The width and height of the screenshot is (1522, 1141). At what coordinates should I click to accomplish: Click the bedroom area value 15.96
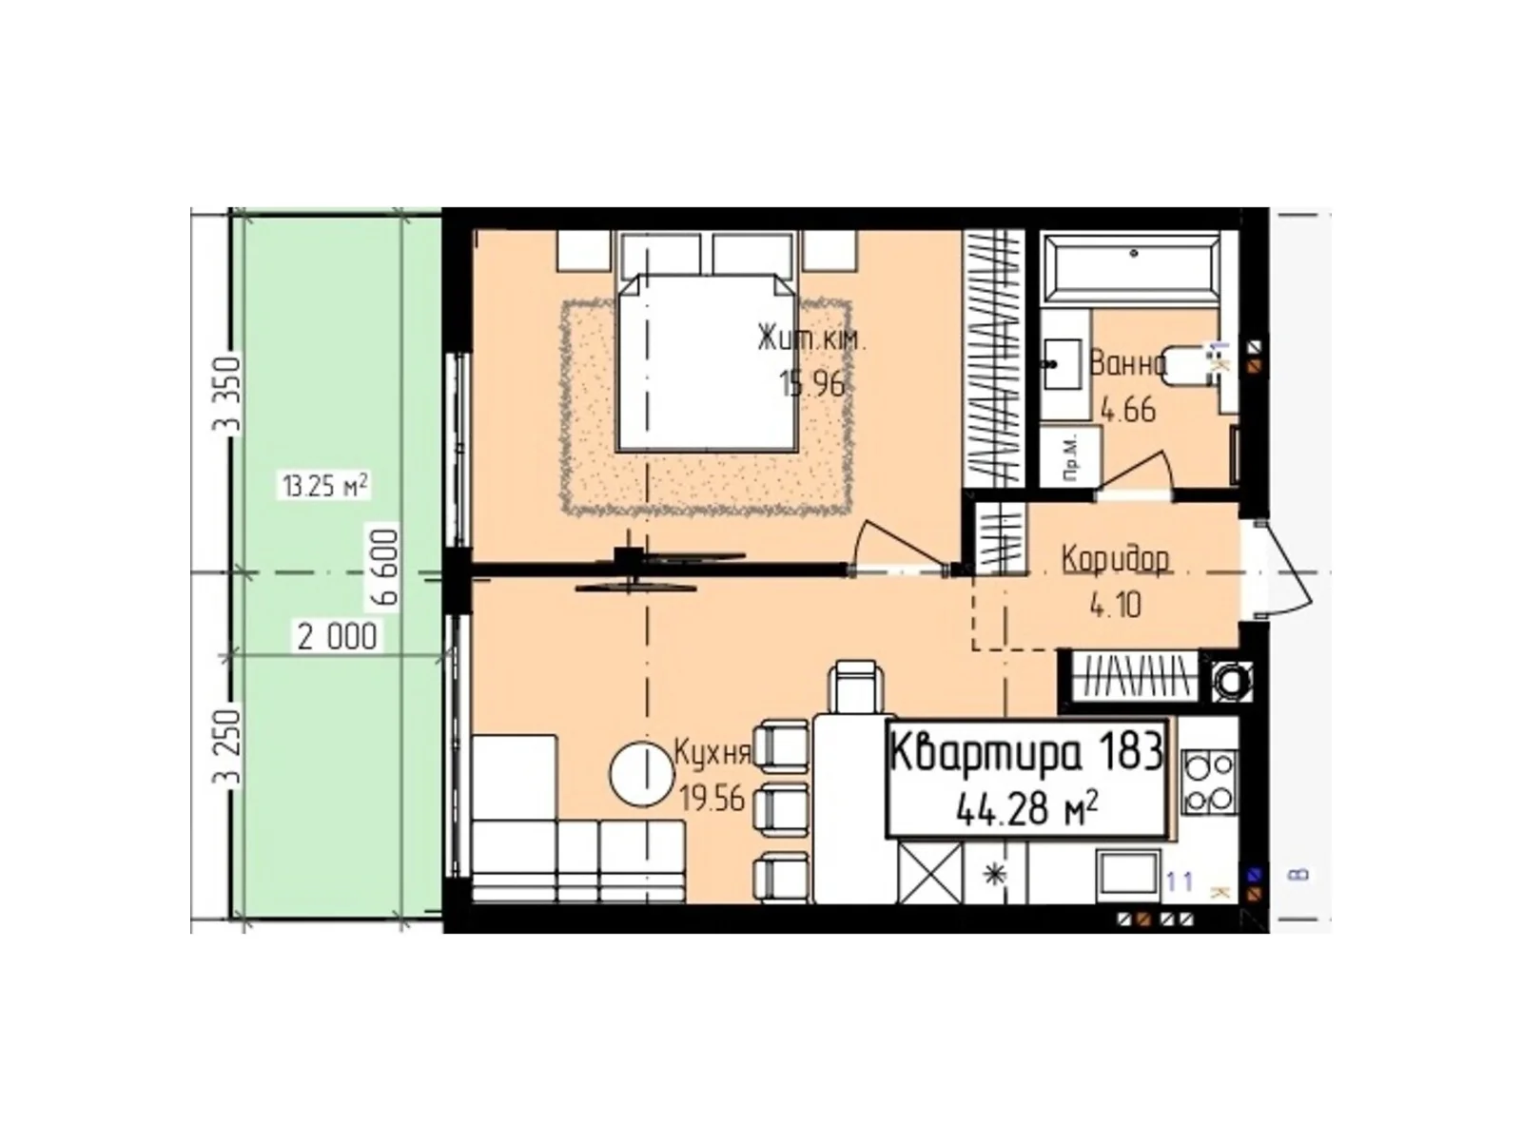(811, 383)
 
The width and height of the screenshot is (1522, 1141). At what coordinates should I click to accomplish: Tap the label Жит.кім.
(811, 339)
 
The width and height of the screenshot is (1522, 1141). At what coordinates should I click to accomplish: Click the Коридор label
(1115, 559)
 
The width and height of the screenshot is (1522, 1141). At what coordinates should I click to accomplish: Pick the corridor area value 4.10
(1115, 605)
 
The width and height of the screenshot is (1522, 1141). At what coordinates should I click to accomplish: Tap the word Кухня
(712, 754)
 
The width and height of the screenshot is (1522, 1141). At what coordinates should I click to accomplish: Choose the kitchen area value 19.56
(712, 799)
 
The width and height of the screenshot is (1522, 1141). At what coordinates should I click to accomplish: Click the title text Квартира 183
(1026, 753)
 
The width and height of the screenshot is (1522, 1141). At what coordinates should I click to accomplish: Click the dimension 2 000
(337, 636)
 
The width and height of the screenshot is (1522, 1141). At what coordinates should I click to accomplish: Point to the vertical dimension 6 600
(389, 567)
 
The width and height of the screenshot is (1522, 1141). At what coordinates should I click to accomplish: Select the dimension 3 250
(228, 747)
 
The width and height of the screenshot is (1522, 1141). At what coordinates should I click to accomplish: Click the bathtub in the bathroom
(1131, 268)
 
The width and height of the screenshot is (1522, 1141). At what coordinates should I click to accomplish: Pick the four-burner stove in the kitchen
(1209, 783)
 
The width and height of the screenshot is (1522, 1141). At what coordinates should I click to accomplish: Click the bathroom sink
(1061, 363)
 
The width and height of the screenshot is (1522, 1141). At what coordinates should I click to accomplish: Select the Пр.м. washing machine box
(1070, 458)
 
